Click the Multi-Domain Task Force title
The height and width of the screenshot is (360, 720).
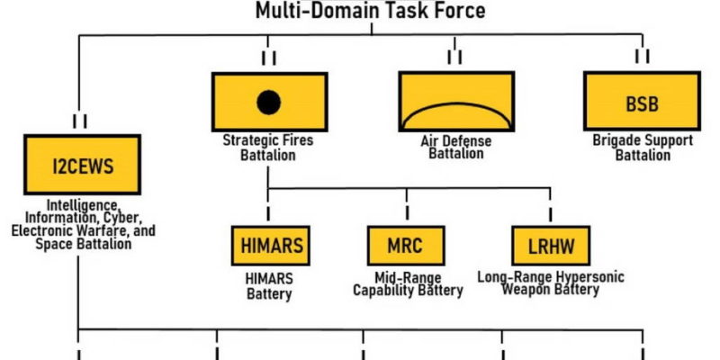[370, 11]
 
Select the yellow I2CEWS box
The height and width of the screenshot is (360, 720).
[82, 166]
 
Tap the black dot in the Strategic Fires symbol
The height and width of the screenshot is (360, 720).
[267, 103]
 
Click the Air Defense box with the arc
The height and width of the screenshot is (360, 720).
[454, 101]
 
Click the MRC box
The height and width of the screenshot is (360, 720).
[407, 245]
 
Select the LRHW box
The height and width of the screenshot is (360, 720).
[550, 245]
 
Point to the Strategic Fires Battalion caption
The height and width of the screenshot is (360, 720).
[266, 148]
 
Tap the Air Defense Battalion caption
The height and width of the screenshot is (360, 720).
[455, 148]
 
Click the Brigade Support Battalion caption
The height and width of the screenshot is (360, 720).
[643, 148]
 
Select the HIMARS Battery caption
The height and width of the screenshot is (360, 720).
[269, 285]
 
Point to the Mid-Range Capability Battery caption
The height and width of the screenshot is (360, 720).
[407, 283]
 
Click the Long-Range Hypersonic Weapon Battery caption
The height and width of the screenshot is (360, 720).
[550, 283]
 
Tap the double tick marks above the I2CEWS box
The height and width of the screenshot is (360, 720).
[80, 120]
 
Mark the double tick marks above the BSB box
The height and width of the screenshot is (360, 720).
[643, 57]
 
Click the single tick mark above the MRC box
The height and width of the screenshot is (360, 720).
[406, 210]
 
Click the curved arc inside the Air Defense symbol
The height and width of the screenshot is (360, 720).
[454, 110]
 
